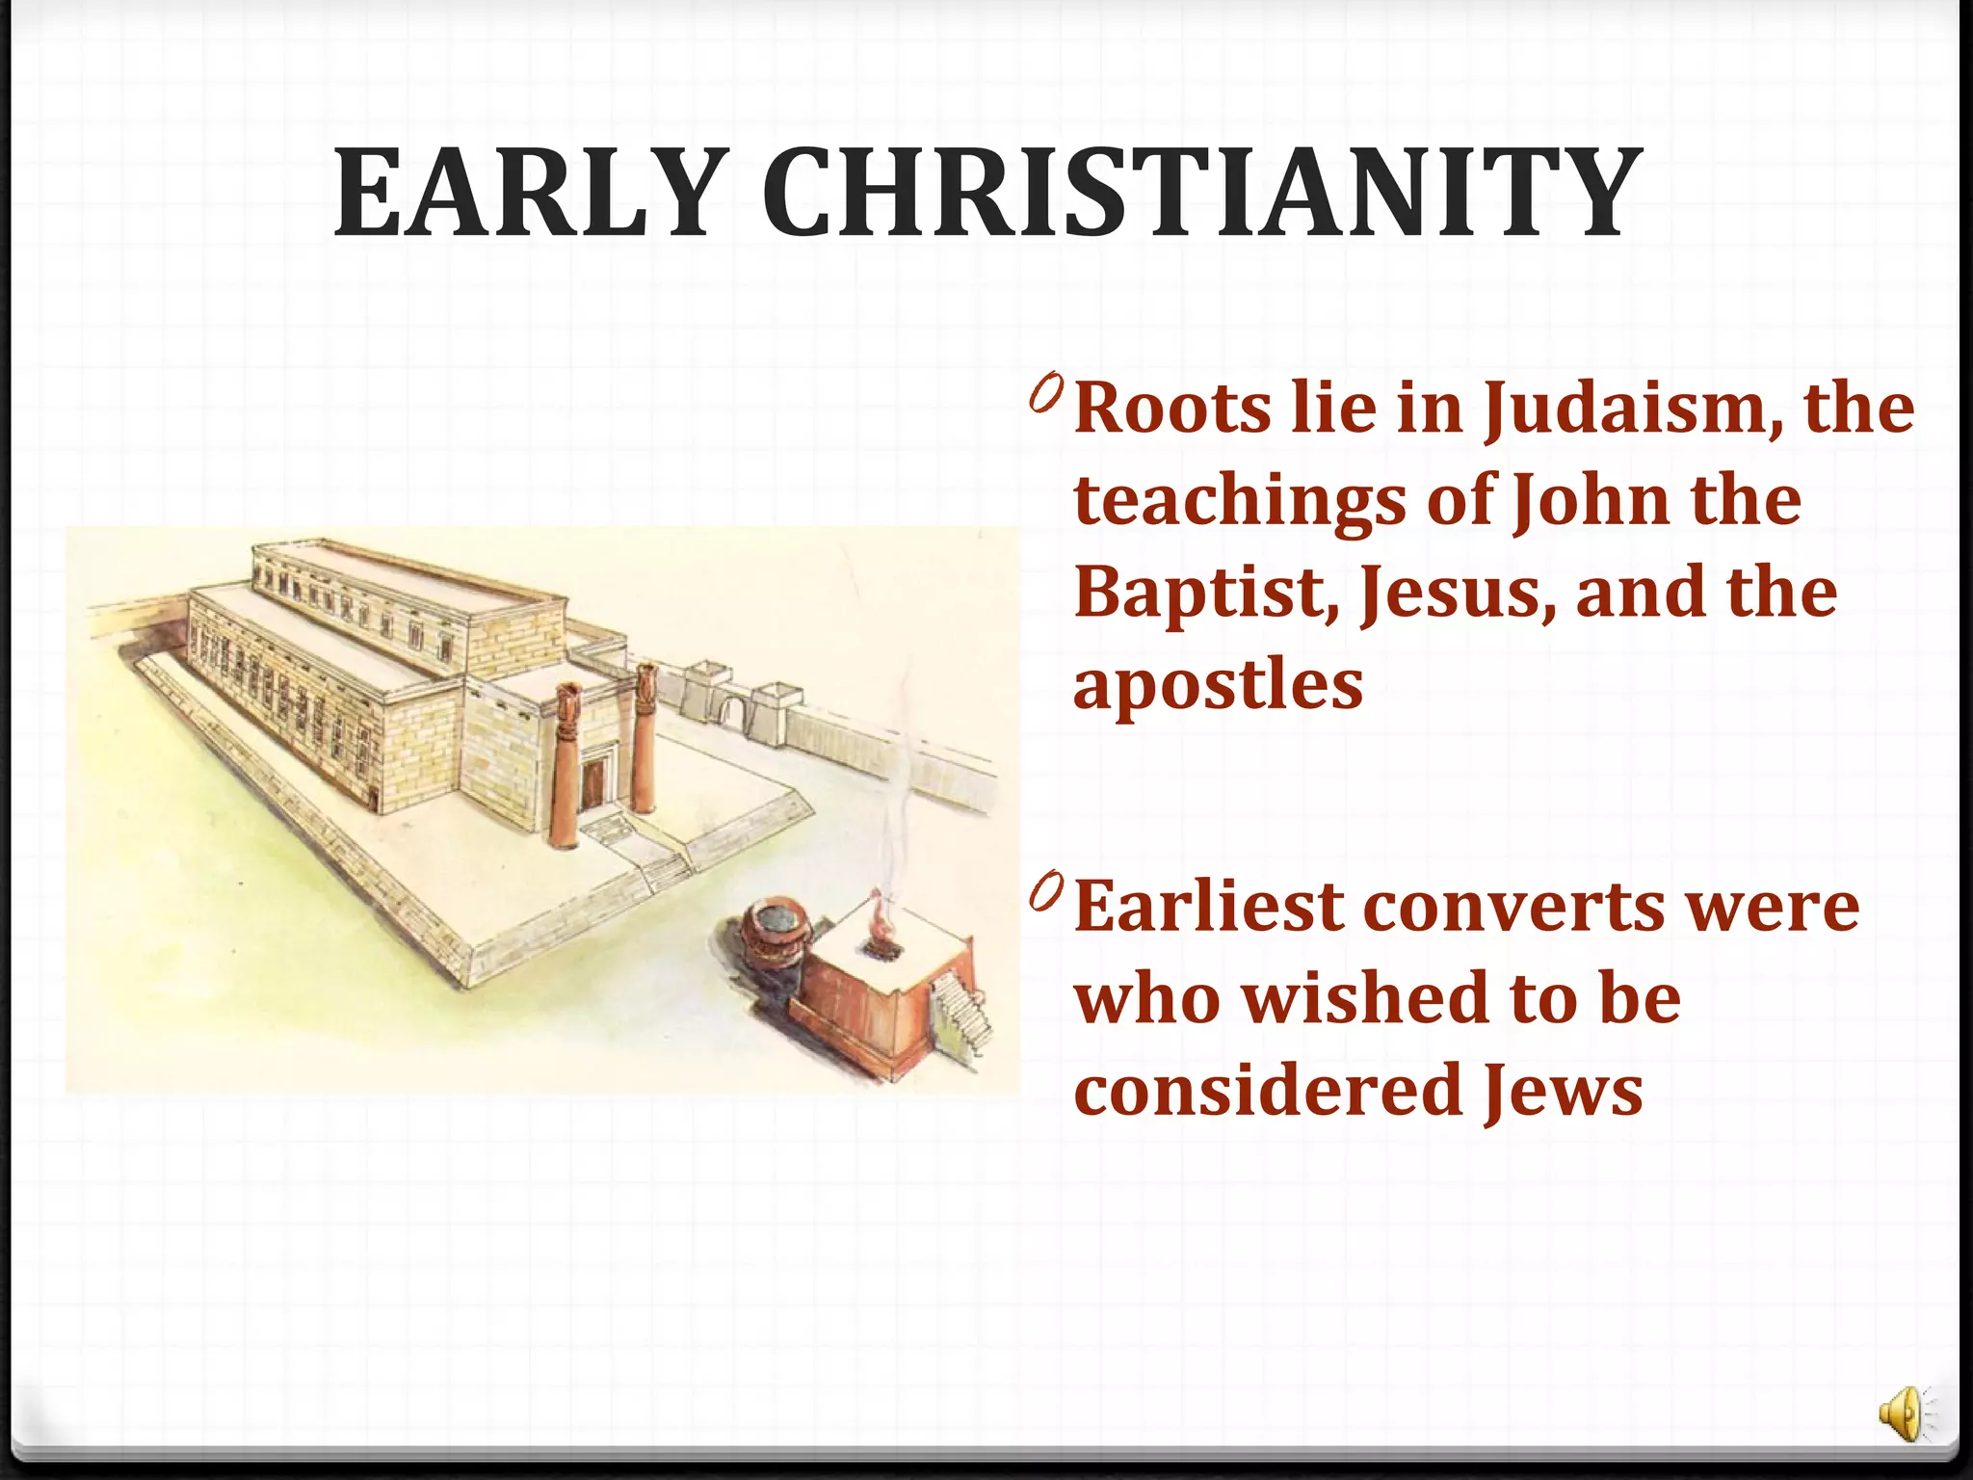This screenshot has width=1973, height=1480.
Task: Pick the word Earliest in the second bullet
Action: (1208, 907)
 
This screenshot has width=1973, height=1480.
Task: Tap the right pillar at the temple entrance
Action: (644, 737)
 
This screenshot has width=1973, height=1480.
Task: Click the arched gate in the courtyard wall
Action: (732, 713)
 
